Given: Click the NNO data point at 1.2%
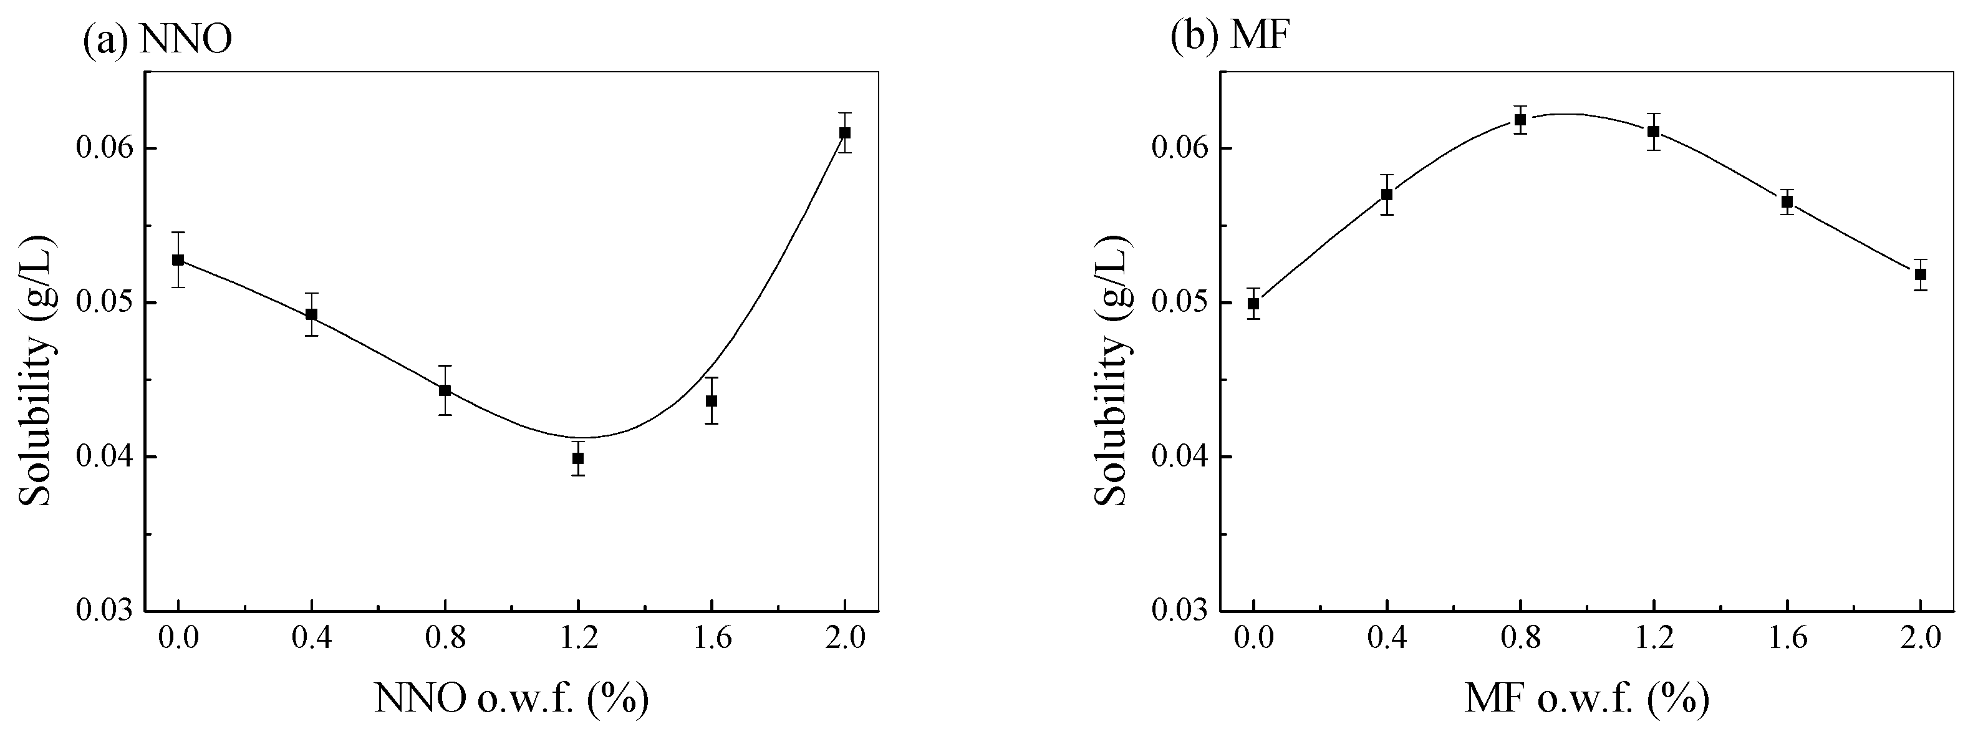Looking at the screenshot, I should click(577, 458).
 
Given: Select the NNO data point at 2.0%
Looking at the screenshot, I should click(845, 132).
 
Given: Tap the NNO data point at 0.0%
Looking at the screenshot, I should click(178, 259).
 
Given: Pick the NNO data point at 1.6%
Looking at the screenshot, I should click(712, 400).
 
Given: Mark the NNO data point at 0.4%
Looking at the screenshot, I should click(311, 314).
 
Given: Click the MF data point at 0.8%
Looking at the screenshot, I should click(1520, 120).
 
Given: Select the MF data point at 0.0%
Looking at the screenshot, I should click(1253, 303).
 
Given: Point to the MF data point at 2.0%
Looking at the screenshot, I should click(1920, 274).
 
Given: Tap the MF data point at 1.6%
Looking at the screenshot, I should click(1787, 202).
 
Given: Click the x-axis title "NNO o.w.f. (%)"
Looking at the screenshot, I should click(511, 698).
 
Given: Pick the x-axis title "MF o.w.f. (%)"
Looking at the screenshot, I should click(1587, 698).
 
